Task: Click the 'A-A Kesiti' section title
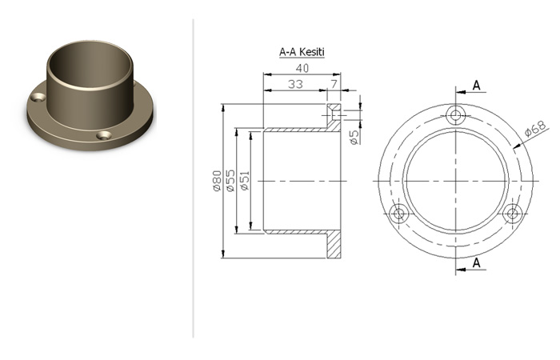click(x=302, y=52)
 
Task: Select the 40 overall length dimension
click(x=302, y=68)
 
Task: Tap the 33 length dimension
click(x=295, y=84)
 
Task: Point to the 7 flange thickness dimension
click(x=334, y=84)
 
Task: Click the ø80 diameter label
click(x=217, y=181)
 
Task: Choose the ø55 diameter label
click(x=230, y=181)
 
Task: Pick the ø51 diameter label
click(x=245, y=181)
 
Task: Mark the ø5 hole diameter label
click(x=354, y=138)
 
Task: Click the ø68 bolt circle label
click(x=536, y=129)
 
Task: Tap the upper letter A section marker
click(x=477, y=86)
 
